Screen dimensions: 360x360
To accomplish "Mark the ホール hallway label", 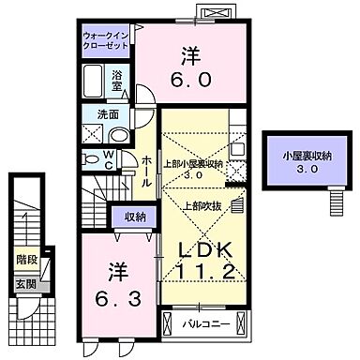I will pos(148,170).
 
